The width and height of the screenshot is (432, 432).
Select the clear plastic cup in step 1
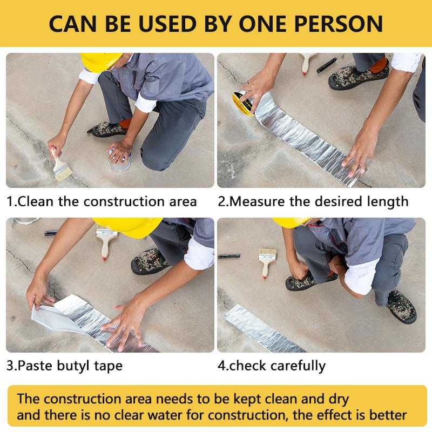[119, 162]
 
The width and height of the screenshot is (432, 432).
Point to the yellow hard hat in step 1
[101, 62]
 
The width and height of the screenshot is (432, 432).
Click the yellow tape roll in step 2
[242, 103]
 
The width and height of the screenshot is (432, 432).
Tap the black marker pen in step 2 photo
[327, 65]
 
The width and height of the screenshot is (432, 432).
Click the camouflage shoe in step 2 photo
[359, 77]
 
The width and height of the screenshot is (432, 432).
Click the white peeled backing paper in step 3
[52, 314]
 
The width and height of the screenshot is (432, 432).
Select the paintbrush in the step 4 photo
[267, 262]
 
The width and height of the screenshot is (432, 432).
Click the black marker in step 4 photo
[229, 256]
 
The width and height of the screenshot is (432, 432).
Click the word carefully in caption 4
[298, 366]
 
